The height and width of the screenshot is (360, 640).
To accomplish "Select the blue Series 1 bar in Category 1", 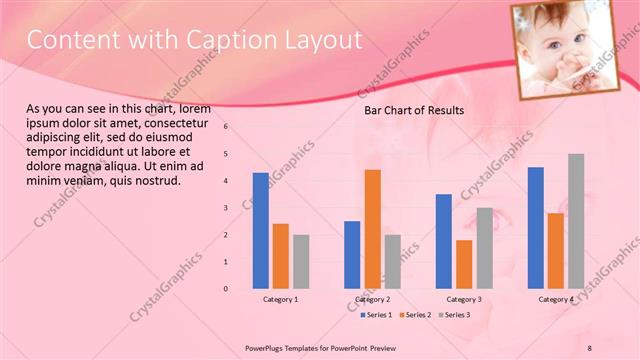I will (x=260, y=230).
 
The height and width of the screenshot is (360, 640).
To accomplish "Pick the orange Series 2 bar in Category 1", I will (x=280, y=256).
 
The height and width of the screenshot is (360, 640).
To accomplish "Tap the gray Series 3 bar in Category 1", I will (x=301, y=261).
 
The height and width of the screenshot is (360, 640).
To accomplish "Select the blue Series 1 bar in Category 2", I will (x=352, y=255).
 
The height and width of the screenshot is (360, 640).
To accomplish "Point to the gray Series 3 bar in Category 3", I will (x=484, y=248).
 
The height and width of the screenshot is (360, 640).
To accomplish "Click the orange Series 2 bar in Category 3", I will (x=464, y=264).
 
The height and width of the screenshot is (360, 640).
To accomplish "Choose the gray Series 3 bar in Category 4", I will (x=576, y=221).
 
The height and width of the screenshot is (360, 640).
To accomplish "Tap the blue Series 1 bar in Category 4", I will (x=535, y=228).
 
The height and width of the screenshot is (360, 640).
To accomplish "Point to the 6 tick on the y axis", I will (x=226, y=127).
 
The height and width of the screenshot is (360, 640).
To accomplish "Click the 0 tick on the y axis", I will (x=226, y=289).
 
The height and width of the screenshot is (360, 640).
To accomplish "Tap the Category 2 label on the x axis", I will (x=372, y=299).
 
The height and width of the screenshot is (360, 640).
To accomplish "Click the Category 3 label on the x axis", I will (x=464, y=299).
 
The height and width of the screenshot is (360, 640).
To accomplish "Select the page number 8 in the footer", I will (x=588, y=346).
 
